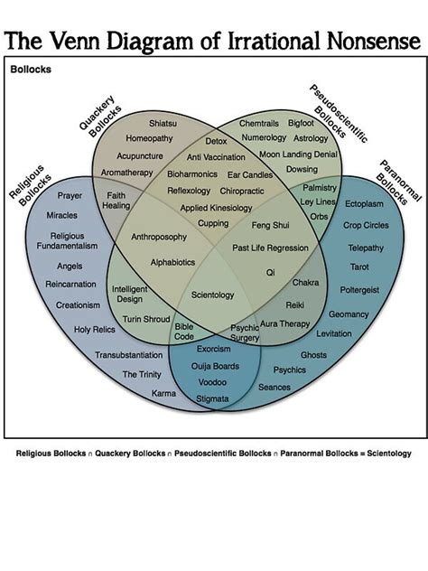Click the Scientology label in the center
[x=213, y=295]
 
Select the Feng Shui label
[x=270, y=224]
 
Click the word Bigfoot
[x=301, y=122]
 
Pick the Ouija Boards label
[x=215, y=365]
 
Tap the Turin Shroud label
[x=145, y=319]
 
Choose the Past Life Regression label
[x=270, y=247]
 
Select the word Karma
[x=163, y=393]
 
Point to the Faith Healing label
[x=116, y=200]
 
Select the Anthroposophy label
[x=159, y=237]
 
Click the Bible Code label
[x=184, y=331]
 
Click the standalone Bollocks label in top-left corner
[x=30, y=69]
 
